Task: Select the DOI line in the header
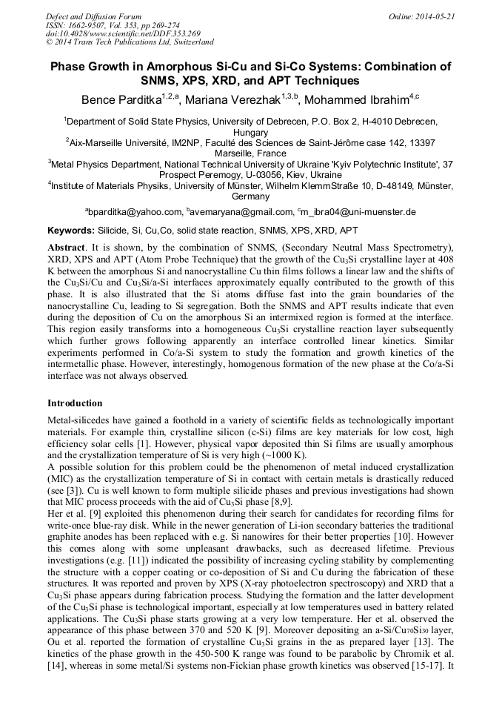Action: click(123, 33)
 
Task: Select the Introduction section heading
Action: click(75, 403)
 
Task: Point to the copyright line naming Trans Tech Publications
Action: click(129, 42)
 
